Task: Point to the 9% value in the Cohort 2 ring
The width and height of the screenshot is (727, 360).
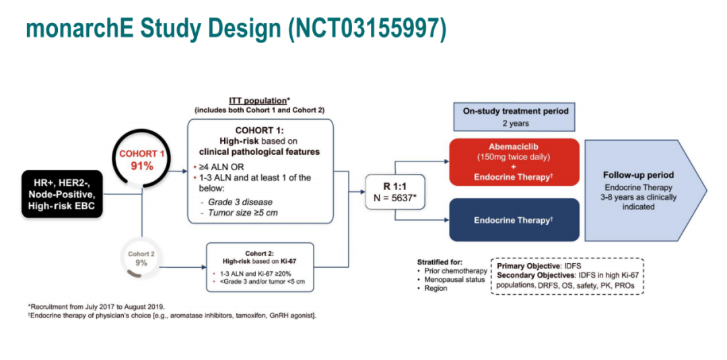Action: pos(141,263)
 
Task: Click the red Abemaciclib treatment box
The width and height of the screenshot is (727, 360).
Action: pos(514,162)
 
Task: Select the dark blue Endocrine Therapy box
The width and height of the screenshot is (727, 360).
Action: pos(514,220)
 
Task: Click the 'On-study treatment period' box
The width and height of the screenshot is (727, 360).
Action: pos(515,116)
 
